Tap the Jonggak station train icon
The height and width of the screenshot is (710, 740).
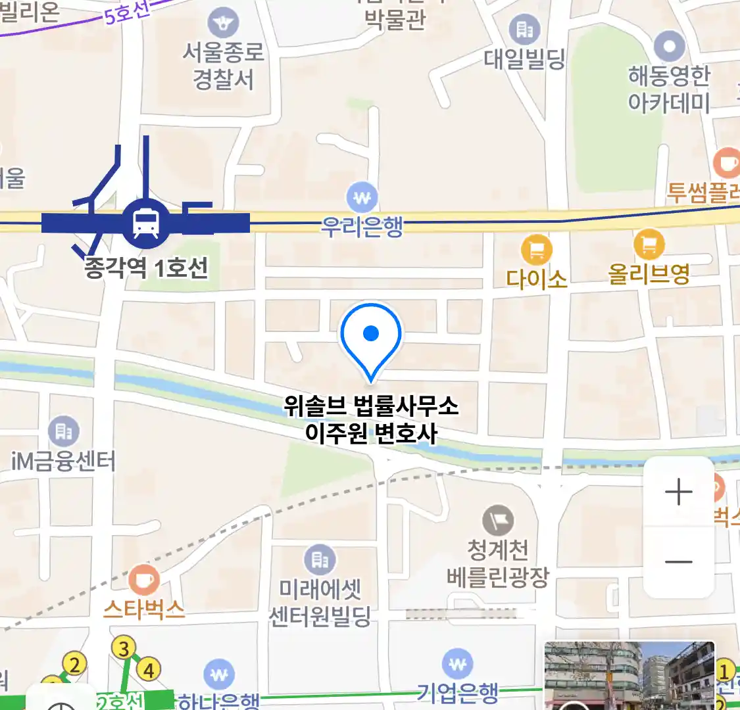tap(145, 224)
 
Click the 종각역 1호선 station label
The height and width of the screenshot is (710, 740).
tap(146, 268)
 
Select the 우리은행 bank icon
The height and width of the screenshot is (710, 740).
tap(362, 197)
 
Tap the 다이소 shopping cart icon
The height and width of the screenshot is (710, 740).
tap(537, 250)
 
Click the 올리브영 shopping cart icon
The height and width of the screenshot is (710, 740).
tap(649, 245)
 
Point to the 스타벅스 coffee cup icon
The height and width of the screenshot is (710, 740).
tap(143, 580)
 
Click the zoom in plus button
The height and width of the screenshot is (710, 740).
tap(679, 492)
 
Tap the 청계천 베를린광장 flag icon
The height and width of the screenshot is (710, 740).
tap(498, 521)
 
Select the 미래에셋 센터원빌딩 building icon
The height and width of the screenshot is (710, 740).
tap(320, 560)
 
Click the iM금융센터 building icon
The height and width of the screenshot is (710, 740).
tap(64, 431)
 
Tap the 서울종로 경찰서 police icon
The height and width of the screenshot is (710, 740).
tap(224, 24)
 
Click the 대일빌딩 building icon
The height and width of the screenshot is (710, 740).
tap(525, 29)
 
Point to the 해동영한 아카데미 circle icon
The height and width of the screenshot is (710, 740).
tap(670, 47)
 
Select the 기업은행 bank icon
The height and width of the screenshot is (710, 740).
tap(458, 665)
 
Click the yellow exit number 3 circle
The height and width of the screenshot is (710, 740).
tap(124, 649)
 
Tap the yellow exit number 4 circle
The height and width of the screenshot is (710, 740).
tap(149, 670)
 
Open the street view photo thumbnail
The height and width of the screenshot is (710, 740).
tap(629, 676)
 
